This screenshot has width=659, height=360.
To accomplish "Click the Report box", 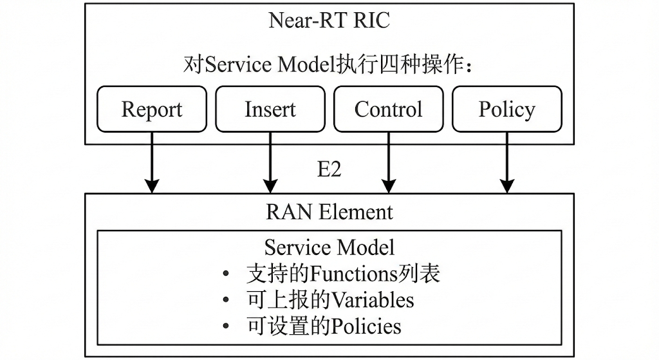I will [x=152, y=109].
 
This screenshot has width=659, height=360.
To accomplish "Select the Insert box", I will [x=270, y=109].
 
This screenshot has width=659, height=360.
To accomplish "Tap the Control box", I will [x=388, y=109].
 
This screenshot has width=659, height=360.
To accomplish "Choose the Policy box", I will [x=506, y=109].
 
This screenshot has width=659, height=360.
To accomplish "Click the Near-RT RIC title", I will [x=329, y=21].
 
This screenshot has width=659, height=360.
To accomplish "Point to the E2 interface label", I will [x=329, y=169].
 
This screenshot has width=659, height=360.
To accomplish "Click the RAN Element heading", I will [x=329, y=212].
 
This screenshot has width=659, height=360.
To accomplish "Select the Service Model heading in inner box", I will [x=329, y=247].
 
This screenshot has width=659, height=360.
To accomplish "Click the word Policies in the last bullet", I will [x=366, y=326].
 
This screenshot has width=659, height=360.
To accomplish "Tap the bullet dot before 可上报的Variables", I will [x=225, y=301].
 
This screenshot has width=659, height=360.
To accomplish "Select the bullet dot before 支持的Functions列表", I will [x=225, y=275].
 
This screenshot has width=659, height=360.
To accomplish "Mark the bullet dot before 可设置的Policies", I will [x=225, y=327].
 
